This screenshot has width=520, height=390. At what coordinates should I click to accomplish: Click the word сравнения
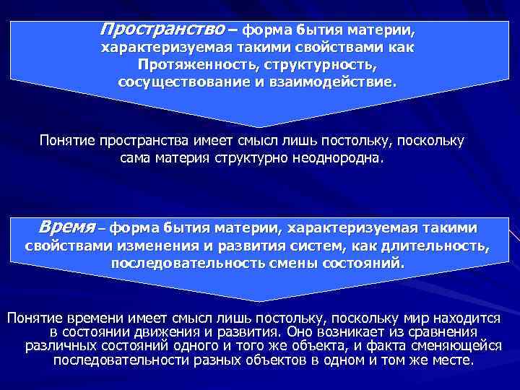click(440, 332)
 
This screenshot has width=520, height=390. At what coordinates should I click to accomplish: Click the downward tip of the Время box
click(259, 299)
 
